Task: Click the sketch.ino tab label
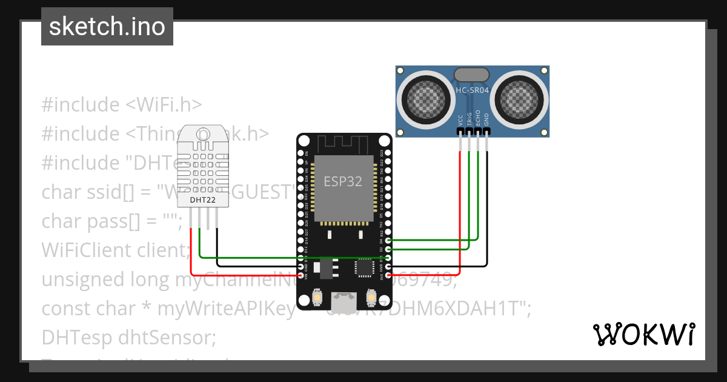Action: [107, 27]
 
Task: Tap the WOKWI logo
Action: [643, 334]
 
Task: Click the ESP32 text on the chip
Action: [344, 181]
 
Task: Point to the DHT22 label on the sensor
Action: [201, 199]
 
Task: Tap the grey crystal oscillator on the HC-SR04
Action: [471, 74]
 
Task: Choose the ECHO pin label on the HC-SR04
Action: [478, 117]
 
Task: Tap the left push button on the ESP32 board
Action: [317, 298]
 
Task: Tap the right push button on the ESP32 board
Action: [371, 298]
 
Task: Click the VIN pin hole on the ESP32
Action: [302, 275]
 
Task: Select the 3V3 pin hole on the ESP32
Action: [388, 275]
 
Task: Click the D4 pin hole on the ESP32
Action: [388, 241]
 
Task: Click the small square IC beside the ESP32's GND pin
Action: [365, 267]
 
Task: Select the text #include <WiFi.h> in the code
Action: [121, 104]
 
